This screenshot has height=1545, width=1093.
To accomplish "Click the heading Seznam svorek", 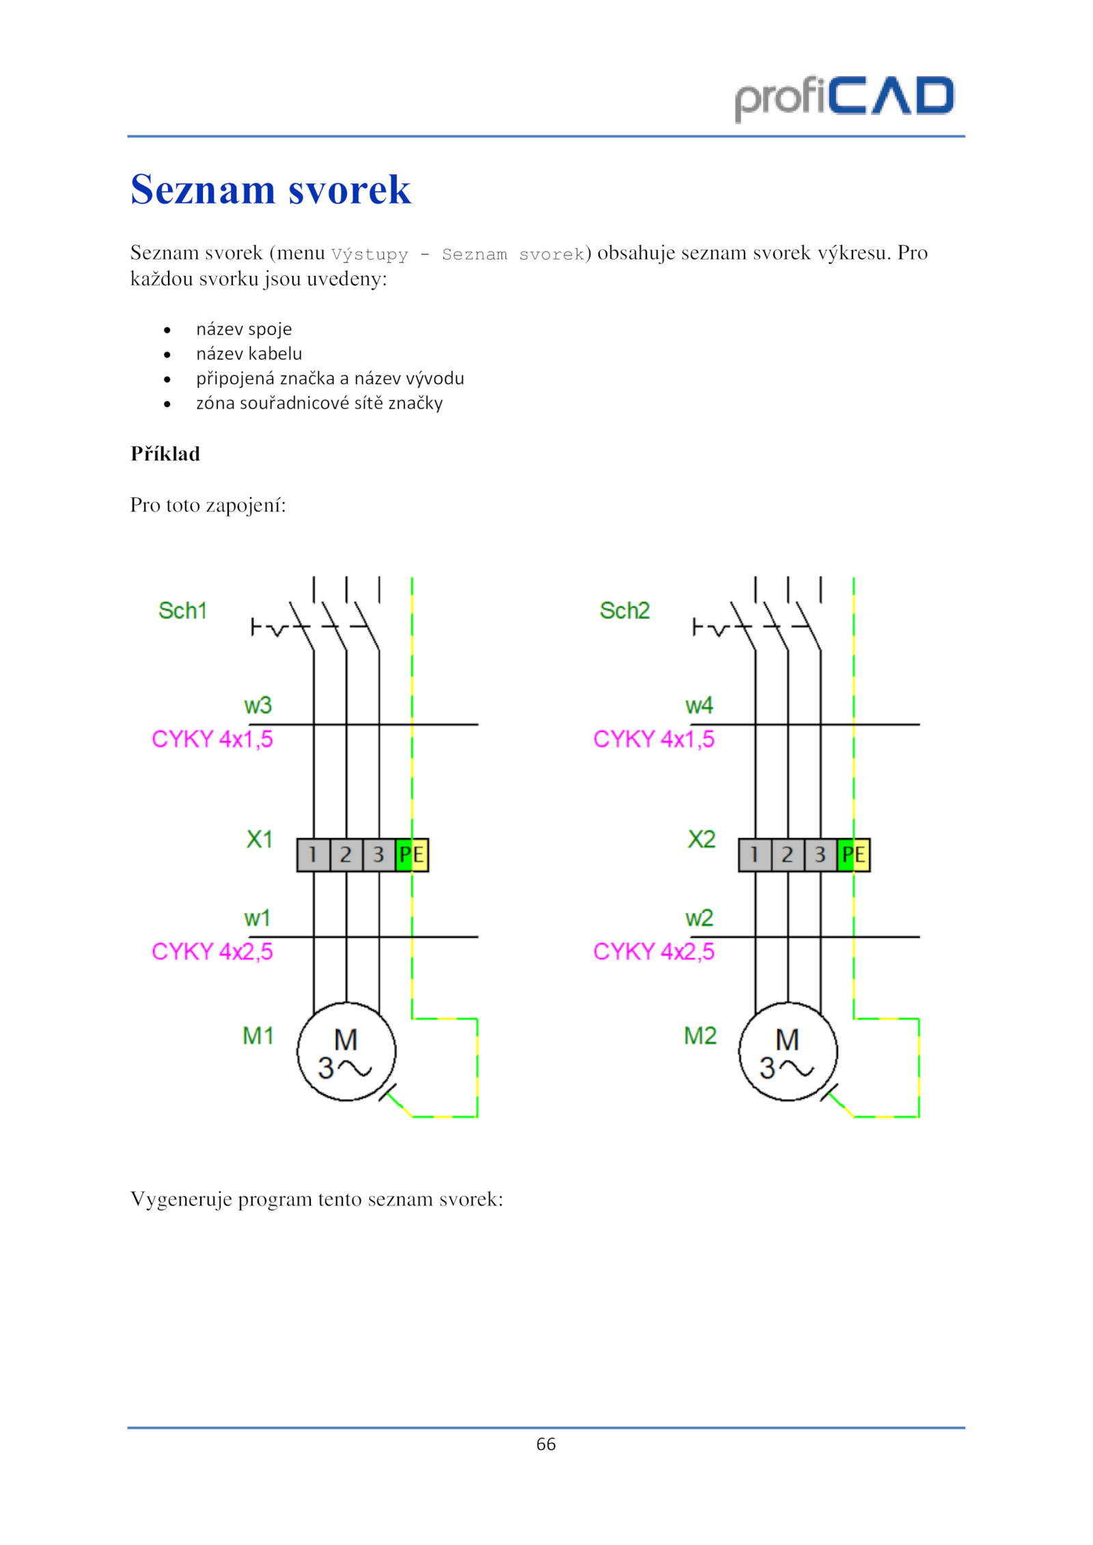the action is coord(271,189).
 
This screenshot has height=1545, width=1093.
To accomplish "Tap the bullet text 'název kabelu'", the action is coord(249,354).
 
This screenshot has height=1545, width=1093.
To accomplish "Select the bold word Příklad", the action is coord(165,454).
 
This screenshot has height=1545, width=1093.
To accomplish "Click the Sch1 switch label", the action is coord(182,611).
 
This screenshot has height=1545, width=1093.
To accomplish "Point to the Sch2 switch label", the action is coord(624,611).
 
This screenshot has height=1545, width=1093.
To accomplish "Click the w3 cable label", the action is coord(258,705).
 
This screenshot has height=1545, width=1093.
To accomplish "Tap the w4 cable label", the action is coord(700,705).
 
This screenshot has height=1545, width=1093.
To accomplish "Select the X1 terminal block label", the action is coord(260,839).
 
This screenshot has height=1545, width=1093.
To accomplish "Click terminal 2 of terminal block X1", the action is coord(346,854).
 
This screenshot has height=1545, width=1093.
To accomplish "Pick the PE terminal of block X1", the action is coord(412,854).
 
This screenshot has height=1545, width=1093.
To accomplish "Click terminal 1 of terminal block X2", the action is coord(755,854).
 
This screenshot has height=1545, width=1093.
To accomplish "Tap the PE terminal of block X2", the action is coord(854,854).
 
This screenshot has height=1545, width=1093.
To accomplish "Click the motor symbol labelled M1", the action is coord(346,1051).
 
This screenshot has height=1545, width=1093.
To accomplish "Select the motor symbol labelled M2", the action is coord(788,1051).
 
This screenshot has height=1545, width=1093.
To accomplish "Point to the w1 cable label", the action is coord(258,918).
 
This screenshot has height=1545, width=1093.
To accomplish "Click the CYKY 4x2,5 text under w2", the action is coord(654,951).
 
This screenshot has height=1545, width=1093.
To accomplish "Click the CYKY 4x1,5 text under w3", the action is coord(212,739).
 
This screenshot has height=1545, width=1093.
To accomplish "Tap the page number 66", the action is coord(546,1444).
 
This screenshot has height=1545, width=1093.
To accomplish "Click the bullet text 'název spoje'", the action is coord(244,329).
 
